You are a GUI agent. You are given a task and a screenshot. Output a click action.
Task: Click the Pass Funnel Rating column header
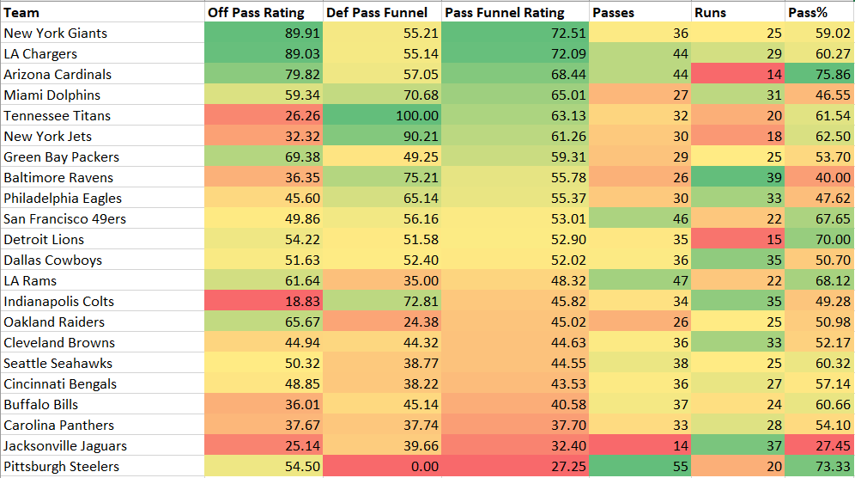(x=504, y=12)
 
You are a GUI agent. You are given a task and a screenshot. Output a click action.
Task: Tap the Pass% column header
(x=807, y=12)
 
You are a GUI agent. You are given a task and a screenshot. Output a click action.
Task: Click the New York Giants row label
(x=56, y=33)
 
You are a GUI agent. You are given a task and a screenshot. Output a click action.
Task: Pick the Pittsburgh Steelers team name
(x=61, y=466)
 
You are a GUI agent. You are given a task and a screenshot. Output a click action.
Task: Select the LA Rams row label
(x=30, y=280)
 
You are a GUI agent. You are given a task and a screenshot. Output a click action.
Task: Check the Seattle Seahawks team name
(x=58, y=363)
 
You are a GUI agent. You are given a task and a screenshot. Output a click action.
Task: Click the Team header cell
(x=21, y=12)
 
